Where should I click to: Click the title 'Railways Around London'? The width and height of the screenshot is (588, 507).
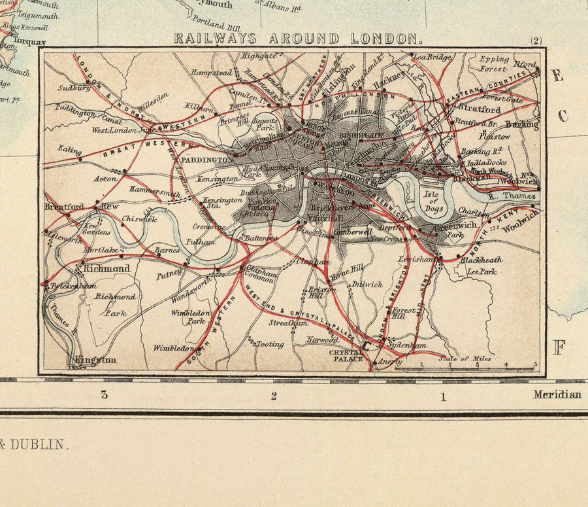click(x=295, y=39)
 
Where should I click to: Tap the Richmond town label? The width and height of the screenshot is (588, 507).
click(x=105, y=268)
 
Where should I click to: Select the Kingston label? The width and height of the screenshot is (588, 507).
click(x=95, y=360)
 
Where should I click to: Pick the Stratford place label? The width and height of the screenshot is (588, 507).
click(x=480, y=109)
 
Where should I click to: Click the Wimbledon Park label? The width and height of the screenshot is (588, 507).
click(x=188, y=317)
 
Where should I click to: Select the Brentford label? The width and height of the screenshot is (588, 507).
click(x=64, y=207)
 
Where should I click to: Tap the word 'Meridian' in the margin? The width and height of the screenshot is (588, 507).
click(x=557, y=394)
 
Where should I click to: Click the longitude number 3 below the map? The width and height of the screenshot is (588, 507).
click(x=103, y=394)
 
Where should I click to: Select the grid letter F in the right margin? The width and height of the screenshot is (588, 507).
click(x=559, y=348)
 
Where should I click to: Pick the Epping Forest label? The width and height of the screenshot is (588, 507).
click(x=494, y=63)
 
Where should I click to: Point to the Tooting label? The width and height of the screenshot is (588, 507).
click(x=270, y=343)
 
